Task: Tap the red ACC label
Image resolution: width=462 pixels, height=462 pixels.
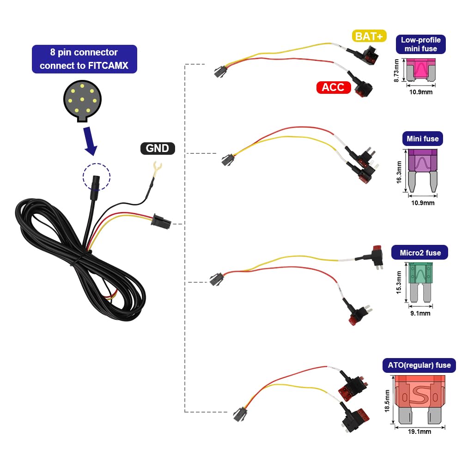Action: click(333, 87)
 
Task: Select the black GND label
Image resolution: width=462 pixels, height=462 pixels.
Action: click(158, 148)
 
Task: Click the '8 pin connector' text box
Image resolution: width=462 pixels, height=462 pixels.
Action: click(85, 59)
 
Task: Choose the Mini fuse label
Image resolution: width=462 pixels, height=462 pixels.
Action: click(422, 138)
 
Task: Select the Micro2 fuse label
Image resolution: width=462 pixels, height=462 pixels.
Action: click(420, 253)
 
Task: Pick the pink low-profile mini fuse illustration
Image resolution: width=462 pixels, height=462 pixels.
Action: click(421, 70)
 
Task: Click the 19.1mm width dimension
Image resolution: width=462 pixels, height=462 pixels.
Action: click(419, 432)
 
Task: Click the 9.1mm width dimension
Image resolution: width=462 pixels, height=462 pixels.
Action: click(420, 313)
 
